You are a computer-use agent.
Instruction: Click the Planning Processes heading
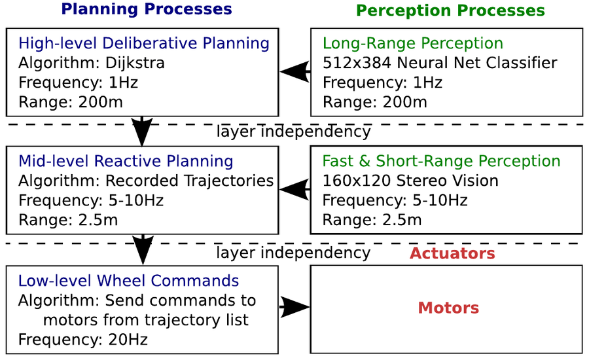tap(147, 9)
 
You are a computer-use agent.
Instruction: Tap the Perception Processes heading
tap(450, 10)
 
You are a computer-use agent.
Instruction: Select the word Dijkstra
tap(135, 63)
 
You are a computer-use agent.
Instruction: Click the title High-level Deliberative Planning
tap(144, 43)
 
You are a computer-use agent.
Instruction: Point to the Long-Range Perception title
tap(413, 43)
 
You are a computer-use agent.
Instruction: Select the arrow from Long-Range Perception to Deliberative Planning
tap(295, 71)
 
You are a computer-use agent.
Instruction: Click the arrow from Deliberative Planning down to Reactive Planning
tap(142, 131)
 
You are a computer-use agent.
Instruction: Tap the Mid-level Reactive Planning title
tap(126, 161)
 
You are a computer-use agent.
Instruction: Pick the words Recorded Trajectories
tap(189, 181)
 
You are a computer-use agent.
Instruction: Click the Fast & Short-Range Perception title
tap(441, 161)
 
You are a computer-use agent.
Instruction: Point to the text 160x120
tap(356, 181)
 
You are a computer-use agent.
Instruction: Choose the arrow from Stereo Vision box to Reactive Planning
tap(295, 189)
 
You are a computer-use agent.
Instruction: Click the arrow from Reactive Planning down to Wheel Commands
tap(143, 249)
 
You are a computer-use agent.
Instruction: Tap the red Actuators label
tap(452, 253)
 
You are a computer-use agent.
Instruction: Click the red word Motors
tap(448, 308)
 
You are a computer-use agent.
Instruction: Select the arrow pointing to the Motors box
tap(295, 307)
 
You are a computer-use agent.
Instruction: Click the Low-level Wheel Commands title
tap(128, 281)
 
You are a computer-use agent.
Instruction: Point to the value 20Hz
tap(128, 340)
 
